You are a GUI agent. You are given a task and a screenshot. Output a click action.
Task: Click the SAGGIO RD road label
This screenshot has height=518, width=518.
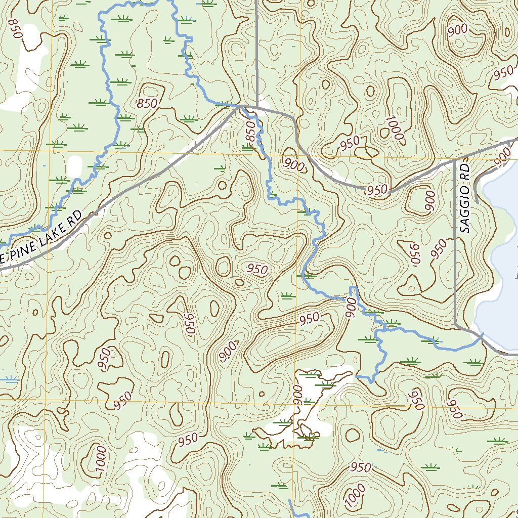(466, 197)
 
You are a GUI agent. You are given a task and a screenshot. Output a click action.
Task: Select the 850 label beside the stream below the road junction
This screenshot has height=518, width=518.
(250, 131)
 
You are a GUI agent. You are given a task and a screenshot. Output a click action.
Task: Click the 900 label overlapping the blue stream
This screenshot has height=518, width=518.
(350, 308)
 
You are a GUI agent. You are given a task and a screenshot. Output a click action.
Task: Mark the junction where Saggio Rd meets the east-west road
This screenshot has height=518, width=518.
(455, 160)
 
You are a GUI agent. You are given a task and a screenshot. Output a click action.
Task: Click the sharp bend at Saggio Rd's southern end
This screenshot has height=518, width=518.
(456, 323)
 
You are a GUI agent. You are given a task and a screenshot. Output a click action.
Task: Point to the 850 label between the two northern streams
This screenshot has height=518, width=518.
(147, 104)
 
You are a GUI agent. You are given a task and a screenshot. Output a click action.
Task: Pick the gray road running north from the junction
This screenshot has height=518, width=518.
(257, 51)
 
